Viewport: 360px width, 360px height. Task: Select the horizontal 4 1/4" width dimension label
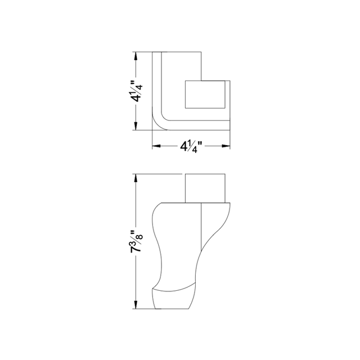tap(191, 147)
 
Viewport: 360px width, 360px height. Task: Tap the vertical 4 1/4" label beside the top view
tap(136, 91)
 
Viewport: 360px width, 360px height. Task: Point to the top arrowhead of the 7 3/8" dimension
tap(136, 177)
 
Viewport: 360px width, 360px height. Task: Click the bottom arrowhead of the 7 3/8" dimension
tap(136, 307)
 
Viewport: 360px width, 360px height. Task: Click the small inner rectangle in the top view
tap(205, 94)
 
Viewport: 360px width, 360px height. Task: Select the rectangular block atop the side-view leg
tap(207, 187)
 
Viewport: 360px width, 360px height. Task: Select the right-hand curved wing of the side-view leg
tap(217, 231)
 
